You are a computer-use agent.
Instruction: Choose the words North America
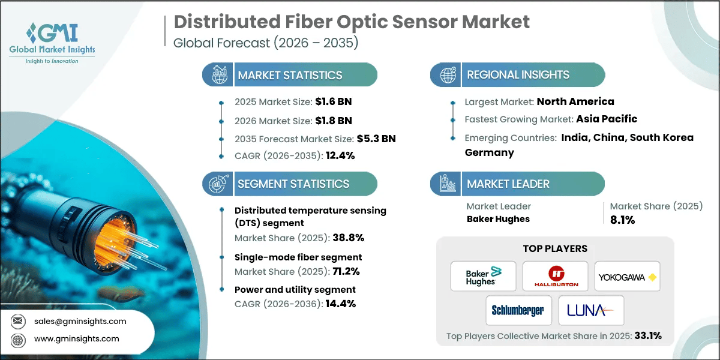[575, 101]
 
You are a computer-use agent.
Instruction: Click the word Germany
[489, 152]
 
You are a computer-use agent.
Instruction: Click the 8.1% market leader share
[622, 220]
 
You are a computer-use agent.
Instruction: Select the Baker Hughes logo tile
[483, 277]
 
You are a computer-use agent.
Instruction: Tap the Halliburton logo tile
[555, 277]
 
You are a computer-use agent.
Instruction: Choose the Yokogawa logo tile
[627, 277]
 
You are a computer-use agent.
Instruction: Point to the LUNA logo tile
[591, 310]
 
